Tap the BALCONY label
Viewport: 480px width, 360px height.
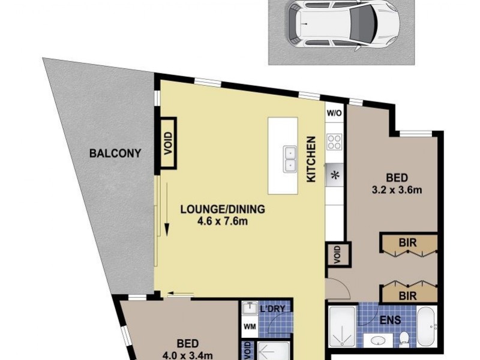115,153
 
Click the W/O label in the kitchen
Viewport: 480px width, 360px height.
334,113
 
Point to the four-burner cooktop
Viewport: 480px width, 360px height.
334,142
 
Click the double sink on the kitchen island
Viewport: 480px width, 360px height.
290,158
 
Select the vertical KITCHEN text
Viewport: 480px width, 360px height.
311,160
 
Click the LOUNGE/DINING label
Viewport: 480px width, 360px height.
222,210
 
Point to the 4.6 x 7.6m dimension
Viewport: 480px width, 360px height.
223,221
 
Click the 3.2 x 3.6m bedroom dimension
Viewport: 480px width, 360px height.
397,191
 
